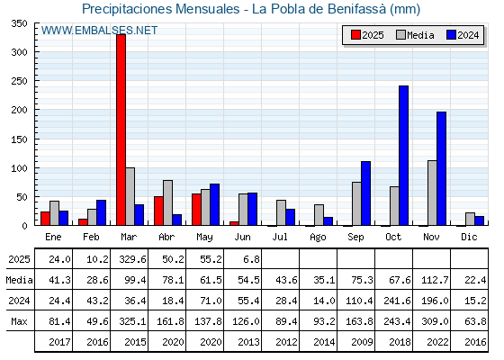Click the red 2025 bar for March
click(x=121, y=130)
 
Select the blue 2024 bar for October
click(x=404, y=156)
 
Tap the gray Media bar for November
click(x=432, y=193)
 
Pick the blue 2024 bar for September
click(x=365, y=193)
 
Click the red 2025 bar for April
click(x=158, y=211)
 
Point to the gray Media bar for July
click(x=281, y=212)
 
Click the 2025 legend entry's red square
click(x=355, y=35)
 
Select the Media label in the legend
click(x=420, y=35)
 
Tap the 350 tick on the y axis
click(x=19, y=23)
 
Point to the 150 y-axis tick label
click(x=19, y=139)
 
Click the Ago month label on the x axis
click(x=318, y=238)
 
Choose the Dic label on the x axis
click(x=469, y=237)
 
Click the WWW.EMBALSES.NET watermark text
click(x=99, y=31)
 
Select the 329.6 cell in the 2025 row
click(x=132, y=259)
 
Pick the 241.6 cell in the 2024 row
click(x=397, y=301)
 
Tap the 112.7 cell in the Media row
click(x=435, y=280)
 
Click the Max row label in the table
click(x=19, y=321)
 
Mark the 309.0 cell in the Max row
click(x=435, y=321)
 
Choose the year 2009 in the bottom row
click(x=362, y=342)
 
